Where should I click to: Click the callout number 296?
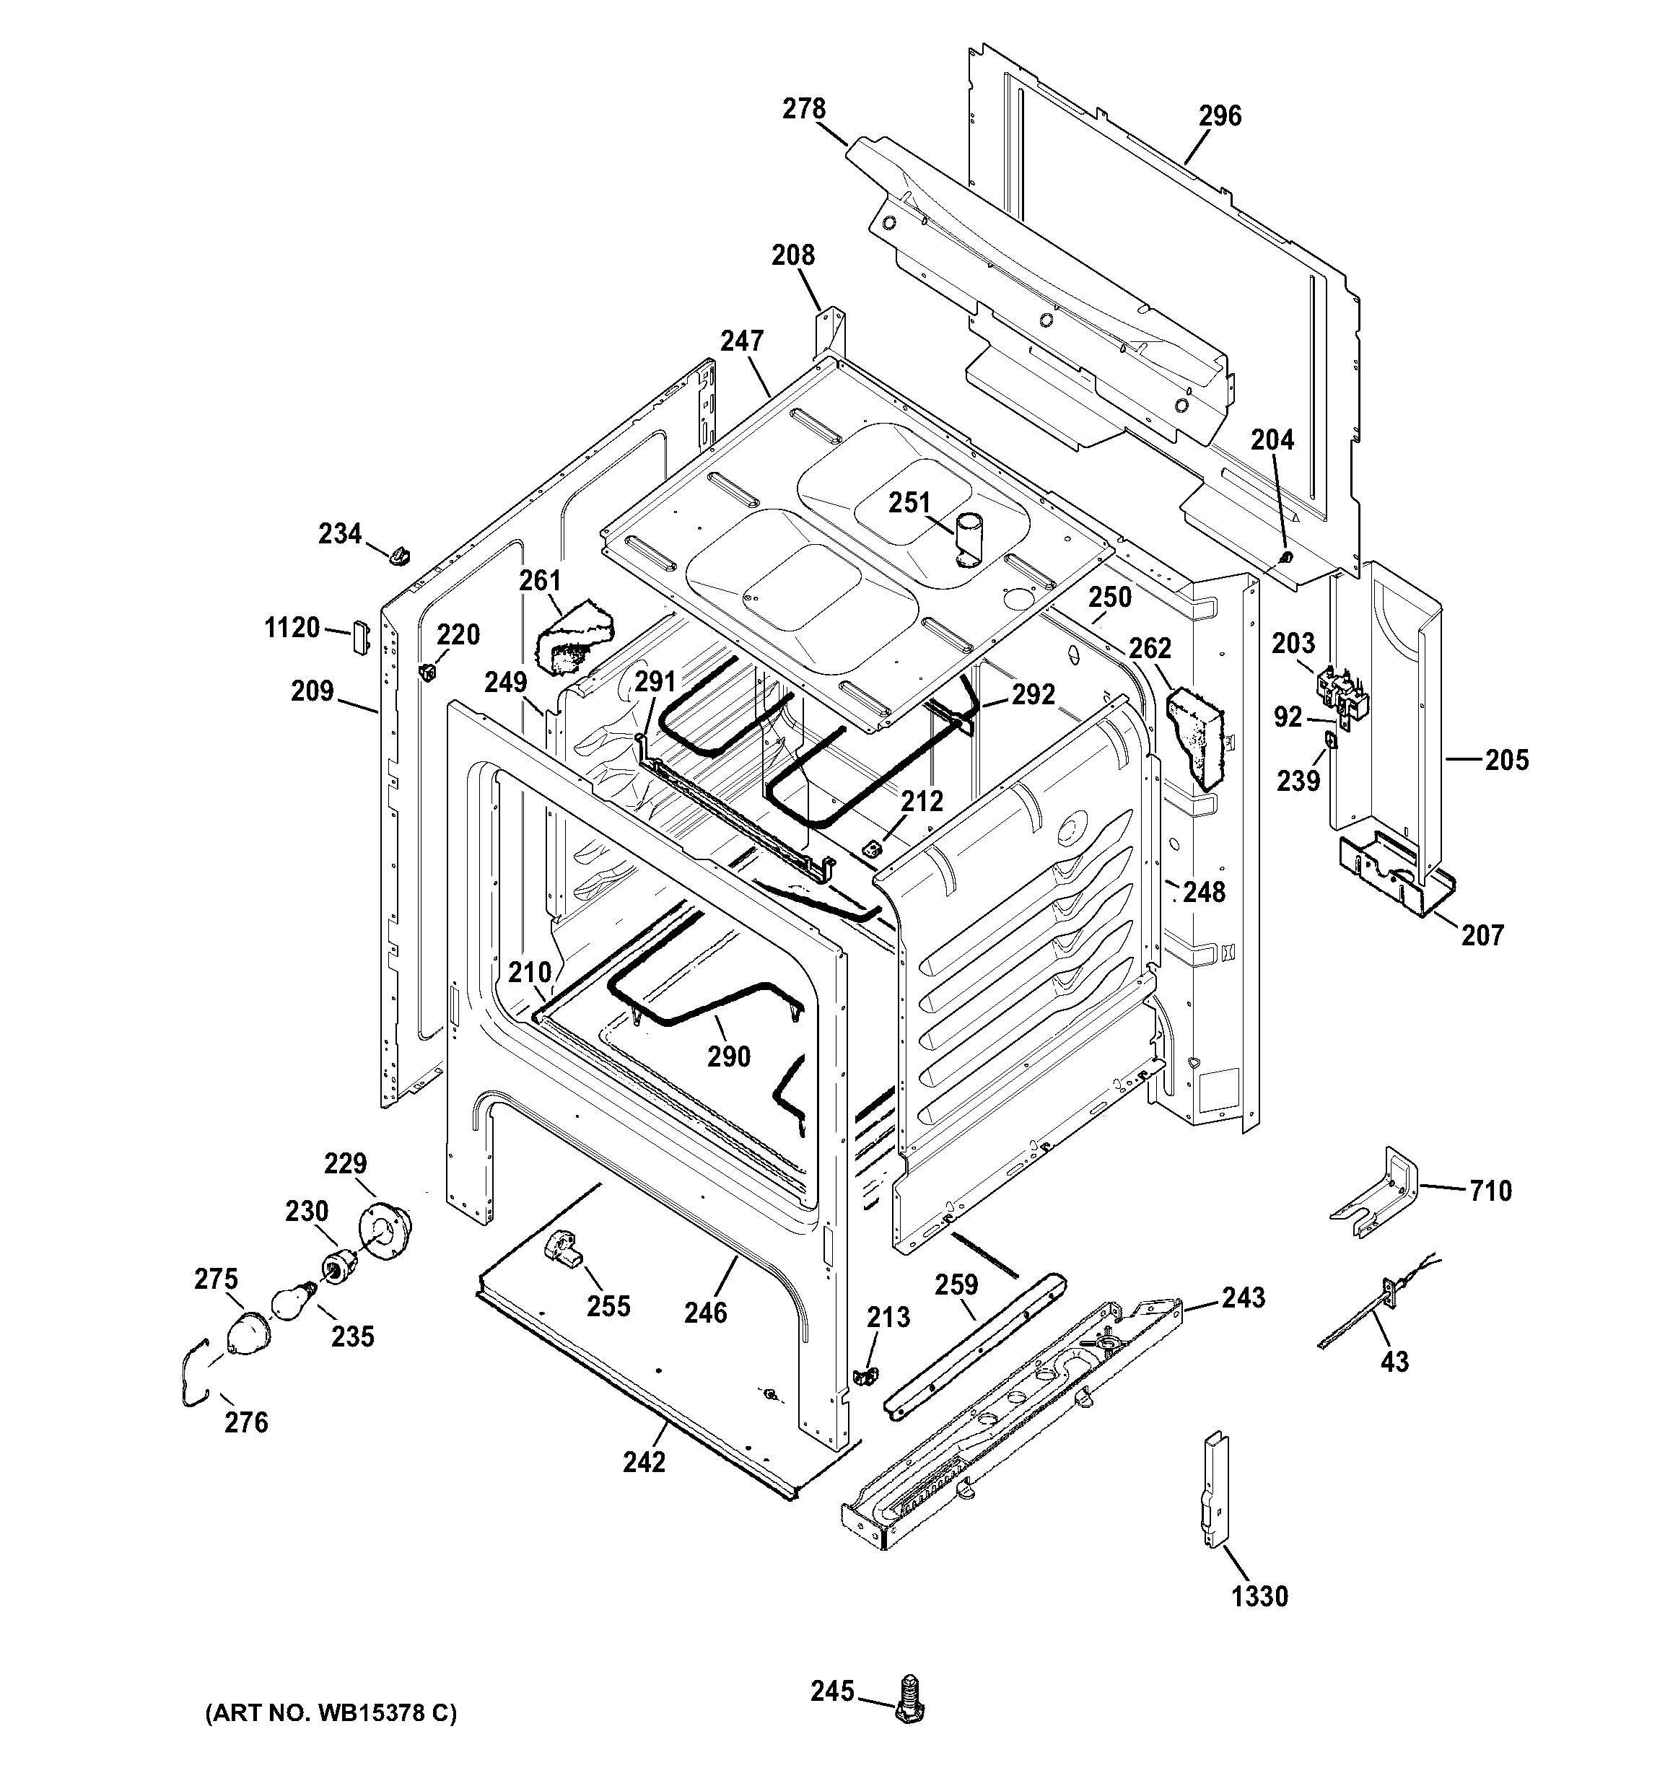[x=1220, y=116]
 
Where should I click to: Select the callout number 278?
[x=803, y=109]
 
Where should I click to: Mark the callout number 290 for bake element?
[x=728, y=1056]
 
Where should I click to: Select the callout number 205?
[x=1506, y=760]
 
